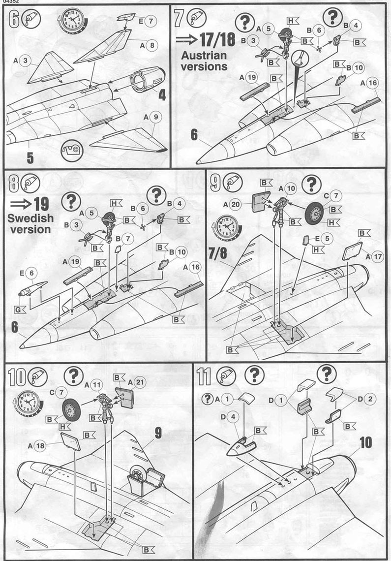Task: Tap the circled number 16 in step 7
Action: tap(372, 83)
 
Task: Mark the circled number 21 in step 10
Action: tap(139, 382)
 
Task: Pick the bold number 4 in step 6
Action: tap(162, 91)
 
